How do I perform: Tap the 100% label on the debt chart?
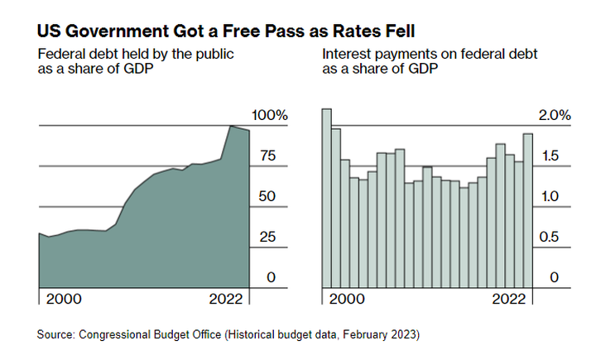pyautogui.click(x=271, y=115)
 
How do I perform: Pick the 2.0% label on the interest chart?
pyautogui.click(x=554, y=115)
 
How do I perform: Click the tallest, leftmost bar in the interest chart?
pyautogui.click(x=326, y=199)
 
